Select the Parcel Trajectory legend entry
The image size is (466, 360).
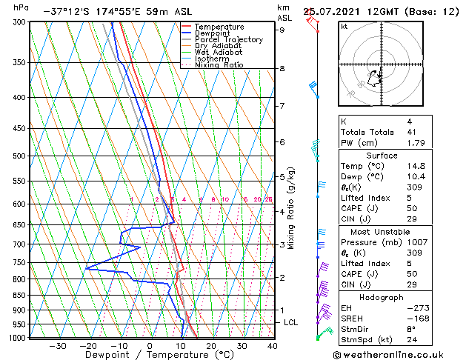click(x=228, y=40)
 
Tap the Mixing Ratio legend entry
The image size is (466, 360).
click(x=219, y=65)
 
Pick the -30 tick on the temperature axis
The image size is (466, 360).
click(x=58, y=346)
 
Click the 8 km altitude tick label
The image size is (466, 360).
click(x=282, y=69)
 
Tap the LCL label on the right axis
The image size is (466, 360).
click(x=291, y=323)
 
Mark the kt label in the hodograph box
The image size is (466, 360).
click(x=344, y=26)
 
